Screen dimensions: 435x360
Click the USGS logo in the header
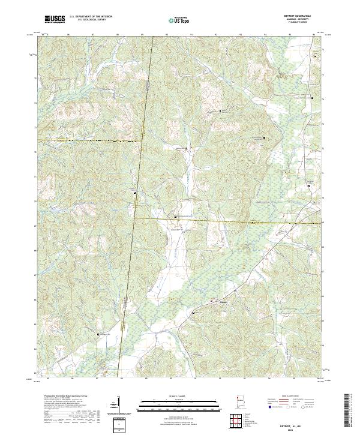pyautogui.click(x=55, y=20)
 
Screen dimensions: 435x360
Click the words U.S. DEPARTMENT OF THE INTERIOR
pyautogui.click(x=91, y=17)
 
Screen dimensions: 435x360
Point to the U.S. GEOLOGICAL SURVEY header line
pyautogui.click(x=91, y=20)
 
